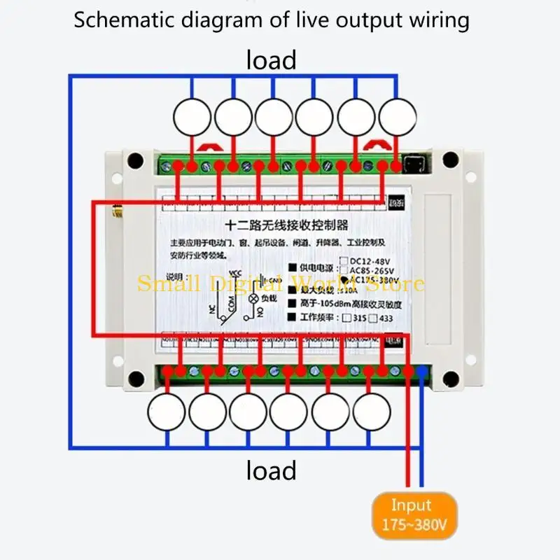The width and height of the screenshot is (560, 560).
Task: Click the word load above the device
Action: (x=271, y=60)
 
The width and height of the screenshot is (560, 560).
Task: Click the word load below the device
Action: (x=271, y=470)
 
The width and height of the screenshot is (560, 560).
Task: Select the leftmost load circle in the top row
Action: (x=192, y=116)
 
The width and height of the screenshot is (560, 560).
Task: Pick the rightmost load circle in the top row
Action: (x=397, y=116)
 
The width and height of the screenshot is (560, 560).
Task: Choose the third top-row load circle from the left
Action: (x=274, y=116)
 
